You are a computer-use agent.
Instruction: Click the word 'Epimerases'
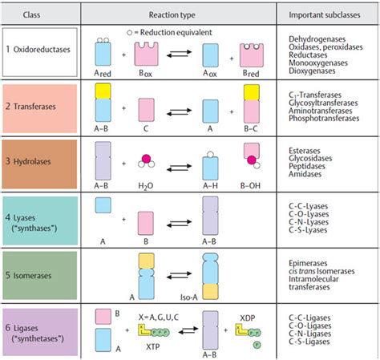tap(309, 262)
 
